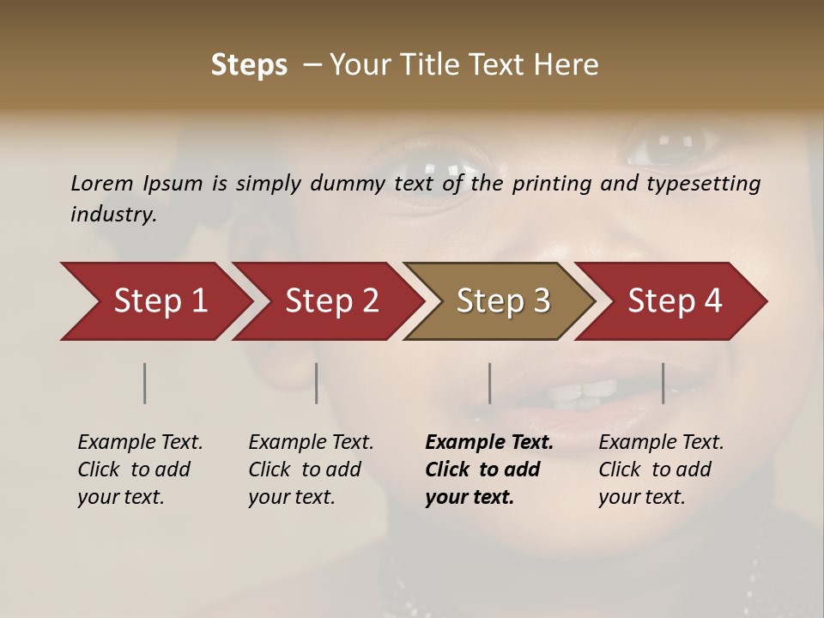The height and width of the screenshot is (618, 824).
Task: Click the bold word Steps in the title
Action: click(249, 65)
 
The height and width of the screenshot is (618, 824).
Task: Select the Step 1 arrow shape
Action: click(154, 301)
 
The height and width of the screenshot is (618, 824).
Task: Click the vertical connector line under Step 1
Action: click(145, 383)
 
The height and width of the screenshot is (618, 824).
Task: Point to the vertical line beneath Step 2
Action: click(317, 383)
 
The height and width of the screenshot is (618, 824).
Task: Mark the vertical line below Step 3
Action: click(489, 383)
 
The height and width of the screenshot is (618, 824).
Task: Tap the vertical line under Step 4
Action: click(663, 383)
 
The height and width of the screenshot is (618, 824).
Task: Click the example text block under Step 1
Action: click(139, 470)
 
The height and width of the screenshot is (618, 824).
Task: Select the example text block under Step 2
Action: click(310, 470)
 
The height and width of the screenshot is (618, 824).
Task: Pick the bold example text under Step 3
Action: click(488, 470)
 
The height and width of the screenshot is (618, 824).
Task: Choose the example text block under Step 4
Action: click(660, 470)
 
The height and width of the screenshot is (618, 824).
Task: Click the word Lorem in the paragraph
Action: click(102, 184)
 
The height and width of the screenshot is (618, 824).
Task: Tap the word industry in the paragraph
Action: click(113, 214)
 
